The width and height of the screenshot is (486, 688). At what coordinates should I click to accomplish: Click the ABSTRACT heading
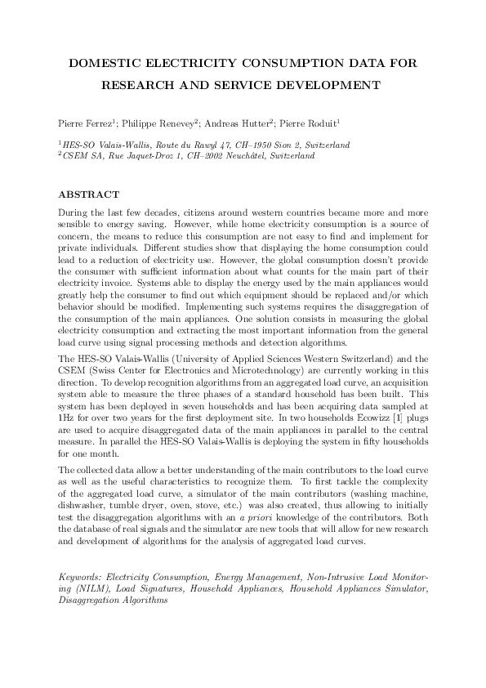(x=88, y=194)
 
